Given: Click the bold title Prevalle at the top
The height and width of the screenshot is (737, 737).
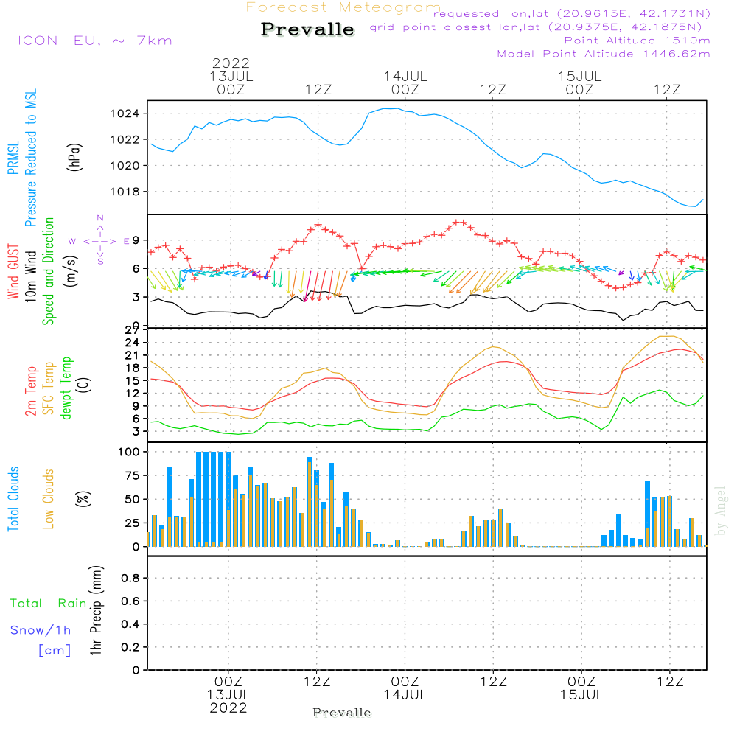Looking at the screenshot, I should coord(307,29).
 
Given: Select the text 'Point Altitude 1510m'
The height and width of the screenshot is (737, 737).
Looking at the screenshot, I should coord(637,41).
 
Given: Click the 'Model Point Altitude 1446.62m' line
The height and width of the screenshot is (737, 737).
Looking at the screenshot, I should coord(604,54).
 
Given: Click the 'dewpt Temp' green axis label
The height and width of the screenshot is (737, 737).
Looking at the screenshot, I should coord(66,388).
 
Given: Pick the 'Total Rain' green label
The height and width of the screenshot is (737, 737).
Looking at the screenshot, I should coord(49,604).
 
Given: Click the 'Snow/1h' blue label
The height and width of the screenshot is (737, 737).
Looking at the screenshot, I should coord(41,630).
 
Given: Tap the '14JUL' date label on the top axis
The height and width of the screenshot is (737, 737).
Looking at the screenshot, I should coord(405,76).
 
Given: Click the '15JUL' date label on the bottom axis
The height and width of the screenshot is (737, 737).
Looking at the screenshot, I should coord(581,695).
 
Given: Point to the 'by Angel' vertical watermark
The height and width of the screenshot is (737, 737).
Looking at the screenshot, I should coord(722,511).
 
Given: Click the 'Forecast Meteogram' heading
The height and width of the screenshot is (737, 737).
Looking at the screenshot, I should coord(343,7).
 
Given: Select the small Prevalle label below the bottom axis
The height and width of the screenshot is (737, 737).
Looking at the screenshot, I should coord(342,713).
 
